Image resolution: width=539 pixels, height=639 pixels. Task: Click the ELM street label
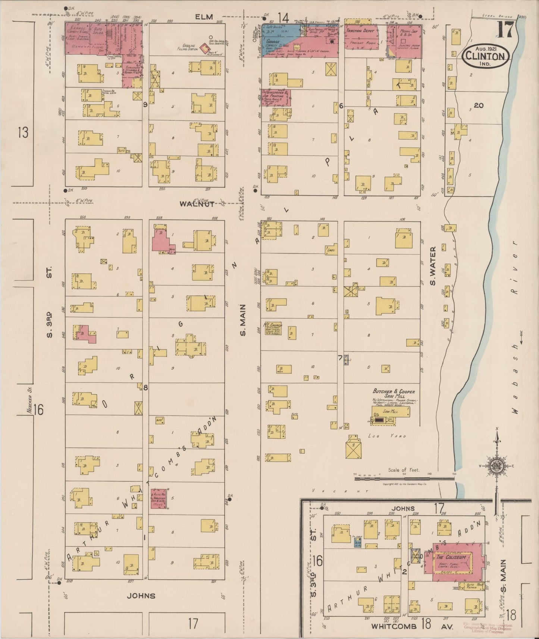203,17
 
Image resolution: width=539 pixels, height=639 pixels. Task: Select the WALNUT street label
197,204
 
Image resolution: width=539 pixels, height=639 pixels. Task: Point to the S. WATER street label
433,265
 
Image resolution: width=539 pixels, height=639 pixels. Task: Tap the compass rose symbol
496,466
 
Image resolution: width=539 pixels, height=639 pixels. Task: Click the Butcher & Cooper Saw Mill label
394,394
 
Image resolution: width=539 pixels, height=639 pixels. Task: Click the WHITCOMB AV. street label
412,627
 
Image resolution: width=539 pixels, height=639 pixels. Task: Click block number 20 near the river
479,106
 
